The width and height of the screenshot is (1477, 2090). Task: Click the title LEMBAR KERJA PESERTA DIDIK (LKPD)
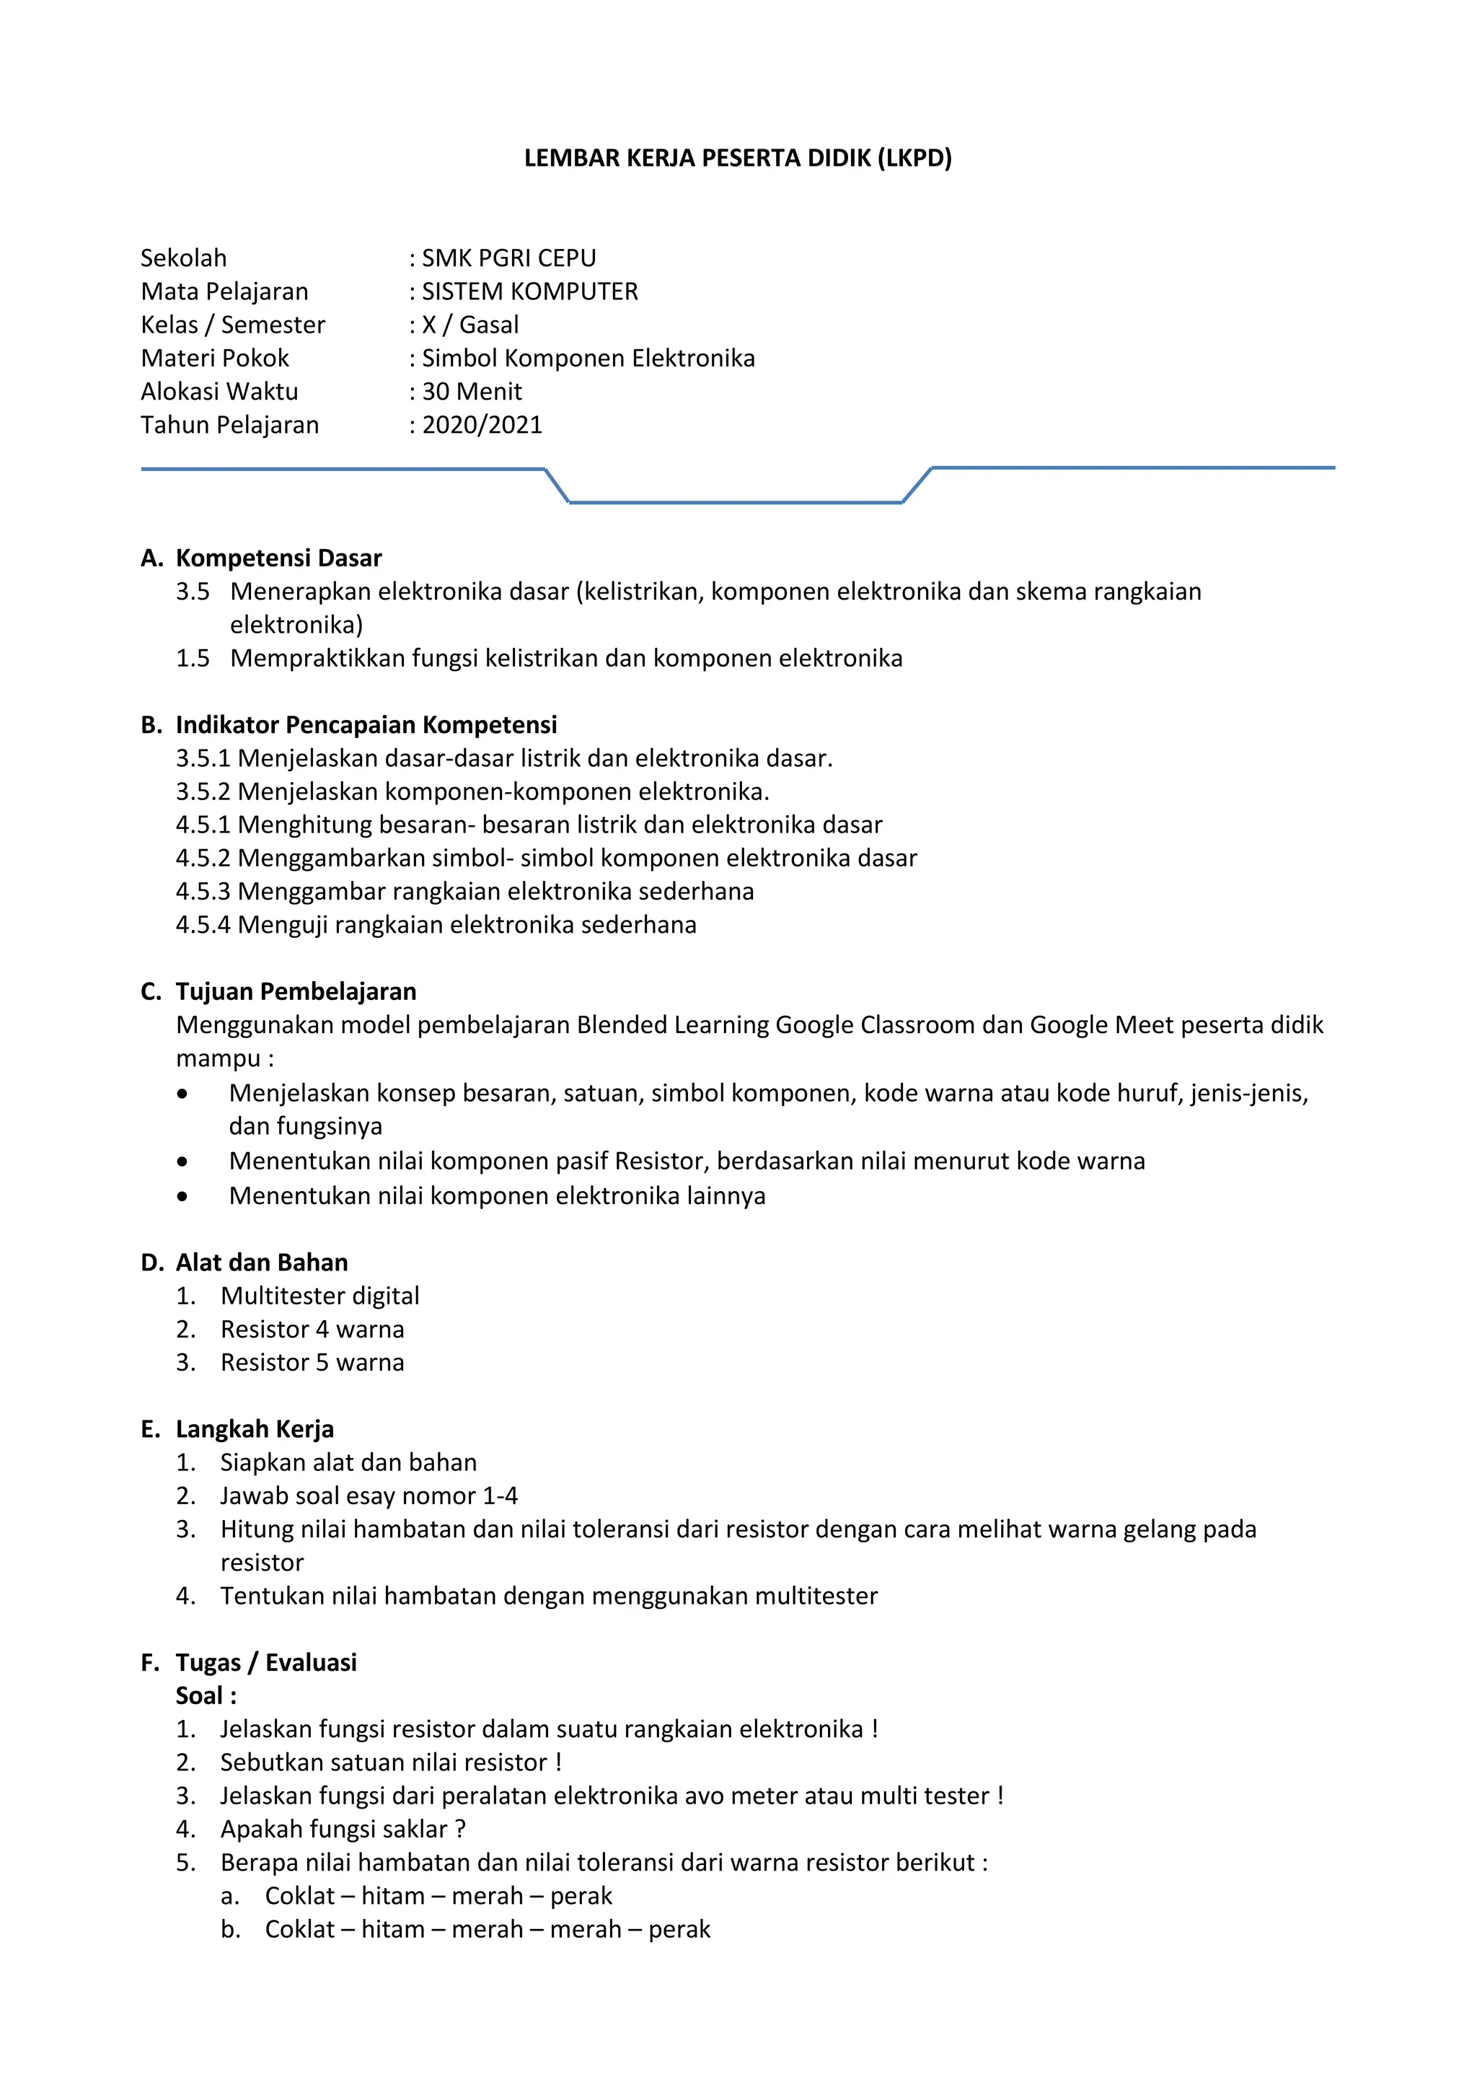(x=737, y=159)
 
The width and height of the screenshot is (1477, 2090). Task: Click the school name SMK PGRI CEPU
(x=508, y=258)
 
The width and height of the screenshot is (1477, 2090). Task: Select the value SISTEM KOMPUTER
(x=529, y=292)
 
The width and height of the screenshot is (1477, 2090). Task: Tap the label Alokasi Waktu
(x=219, y=392)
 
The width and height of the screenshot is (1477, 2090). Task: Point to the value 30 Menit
(x=472, y=392)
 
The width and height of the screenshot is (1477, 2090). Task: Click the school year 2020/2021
(x=482, y=425)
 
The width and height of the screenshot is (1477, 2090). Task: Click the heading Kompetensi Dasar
(x=278, y=558)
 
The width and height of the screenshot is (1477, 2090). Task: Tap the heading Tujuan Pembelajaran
(x=295, y=991)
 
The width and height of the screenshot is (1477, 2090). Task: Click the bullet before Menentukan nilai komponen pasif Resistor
(x=183, y=1162)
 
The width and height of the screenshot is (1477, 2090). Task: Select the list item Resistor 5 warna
(x=312, y=1362)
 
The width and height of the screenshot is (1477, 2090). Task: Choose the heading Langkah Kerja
(x=254, y=1429)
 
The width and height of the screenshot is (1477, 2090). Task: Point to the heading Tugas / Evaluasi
(x=265, y=1662)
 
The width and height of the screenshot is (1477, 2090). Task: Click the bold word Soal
(x=199, y=1696)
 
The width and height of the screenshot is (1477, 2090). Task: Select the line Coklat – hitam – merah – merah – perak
(x=487, y=1929)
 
